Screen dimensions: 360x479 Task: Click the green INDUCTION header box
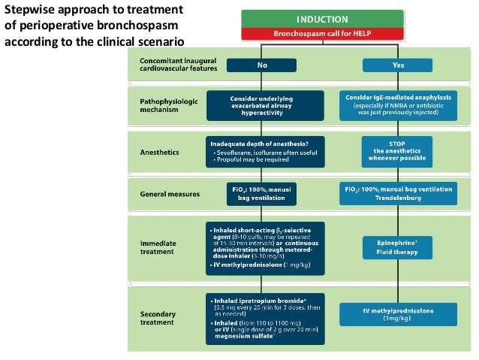click(x=322, y=19)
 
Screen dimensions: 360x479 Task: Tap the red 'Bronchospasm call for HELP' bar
click(x=322, y=34)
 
